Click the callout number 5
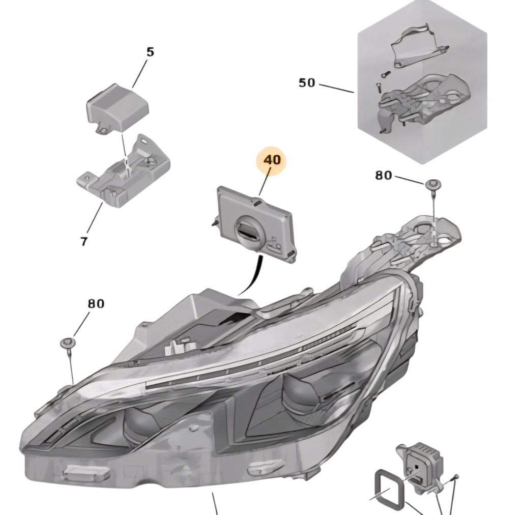coord(150,52)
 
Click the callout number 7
coord(83,241)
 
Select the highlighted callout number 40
coord(272,160)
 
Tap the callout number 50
coord(306,82)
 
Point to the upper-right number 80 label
coord(384,176)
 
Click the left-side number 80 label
coord(96,304)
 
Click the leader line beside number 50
coord(337,87)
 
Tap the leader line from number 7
coord(94,219)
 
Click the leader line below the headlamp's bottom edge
coord(215,504)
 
